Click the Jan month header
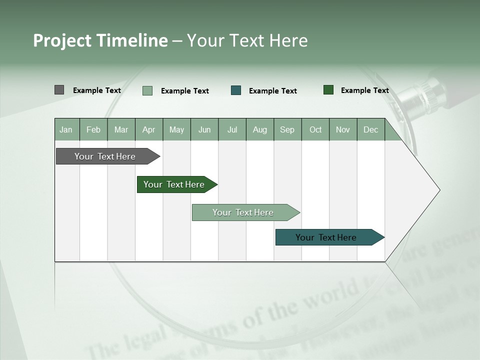[x=66, y=129]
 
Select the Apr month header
[x=148, y=129]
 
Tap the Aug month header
[x=259, y=129]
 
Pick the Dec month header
[x=370, y=129]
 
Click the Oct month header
[x=315, y=129]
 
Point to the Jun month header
[x=204, y=129]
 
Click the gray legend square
[x=59, y=90]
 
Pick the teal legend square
[x=236, y=90]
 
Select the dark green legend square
[x=328, y=90]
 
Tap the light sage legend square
[x=147, y=90]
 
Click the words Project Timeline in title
[x=100, y=40]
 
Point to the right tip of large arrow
[x=439, y=190]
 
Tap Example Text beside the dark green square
[x=364, y=90]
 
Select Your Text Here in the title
[x=247, y=40]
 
